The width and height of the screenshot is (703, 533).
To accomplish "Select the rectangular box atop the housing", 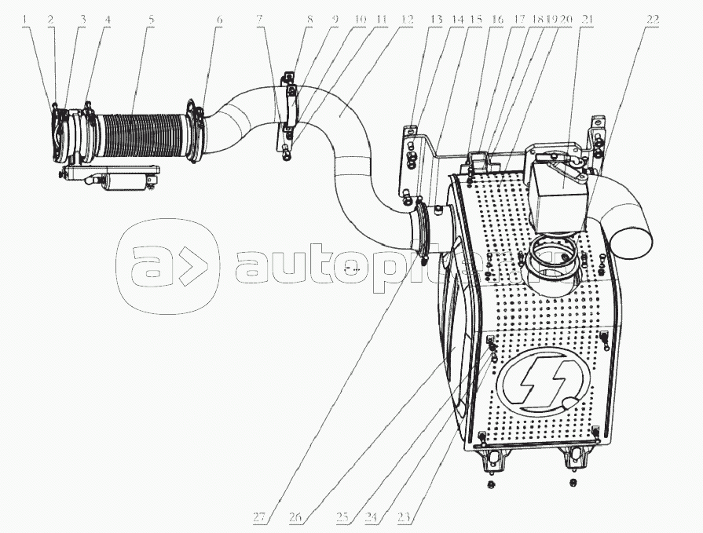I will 560,184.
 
